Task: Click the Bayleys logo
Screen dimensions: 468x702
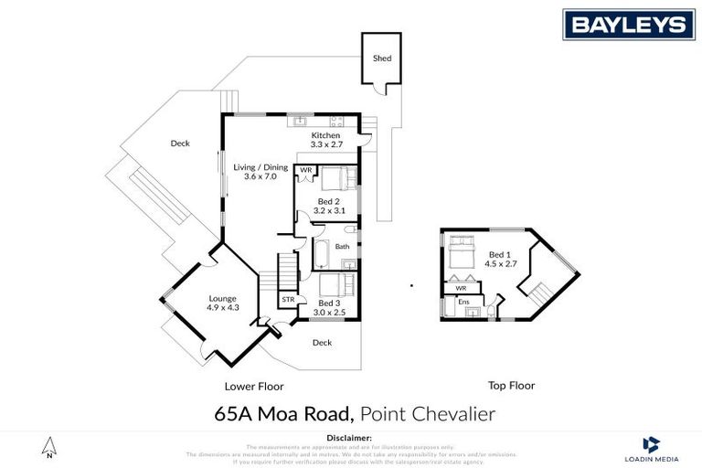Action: pyautogui.click(x=628, y=24)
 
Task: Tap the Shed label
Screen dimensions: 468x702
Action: pyautogui.click(x=382, y=58)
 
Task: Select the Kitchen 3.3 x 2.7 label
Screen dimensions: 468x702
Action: pyautogui.click(x=325, y=140)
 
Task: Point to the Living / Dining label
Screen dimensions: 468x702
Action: pyautogui.click(x=261, y=172)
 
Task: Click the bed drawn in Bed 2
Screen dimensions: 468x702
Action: pyautogui.click(x=335, y=177)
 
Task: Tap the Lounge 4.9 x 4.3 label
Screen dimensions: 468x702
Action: pyautogui.click(x=223, y=303)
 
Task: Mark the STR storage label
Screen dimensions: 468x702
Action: pyautogui.click(x=288, y=299)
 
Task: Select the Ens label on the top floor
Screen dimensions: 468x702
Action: pyautogui.click(x=463, y=302)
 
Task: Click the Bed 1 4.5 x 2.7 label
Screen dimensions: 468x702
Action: pyautogui.click(x=504, y=259)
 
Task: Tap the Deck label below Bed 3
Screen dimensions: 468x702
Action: pyautogui.click(x=322, y=343)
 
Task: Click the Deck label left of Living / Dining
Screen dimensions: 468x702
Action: pyautogui.click(x=179, y=144)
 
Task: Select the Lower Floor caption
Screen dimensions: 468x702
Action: pyautogui.click(x=254, y=386)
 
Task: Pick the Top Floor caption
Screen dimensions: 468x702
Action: pyautogui.click(x=511, y=386)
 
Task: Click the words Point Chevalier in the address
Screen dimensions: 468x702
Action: pyautogui.click(x=430, y=414)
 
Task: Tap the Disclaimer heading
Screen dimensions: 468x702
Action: pyautogui.click(x=350, y=439)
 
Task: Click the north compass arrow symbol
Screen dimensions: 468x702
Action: pyautogui.click(x=50, y=447)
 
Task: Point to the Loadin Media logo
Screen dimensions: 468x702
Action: pyautogui.click(x=651, y=447)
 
